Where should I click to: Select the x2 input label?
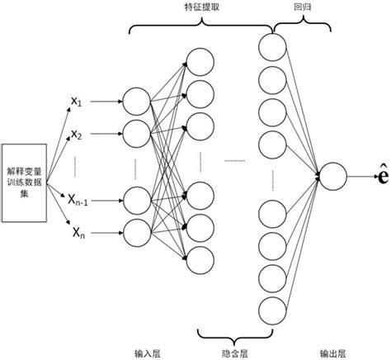(x=76, y=133)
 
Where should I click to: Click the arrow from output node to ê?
(x=356, y=176)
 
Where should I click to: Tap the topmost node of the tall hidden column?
(x=271, y=45)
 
